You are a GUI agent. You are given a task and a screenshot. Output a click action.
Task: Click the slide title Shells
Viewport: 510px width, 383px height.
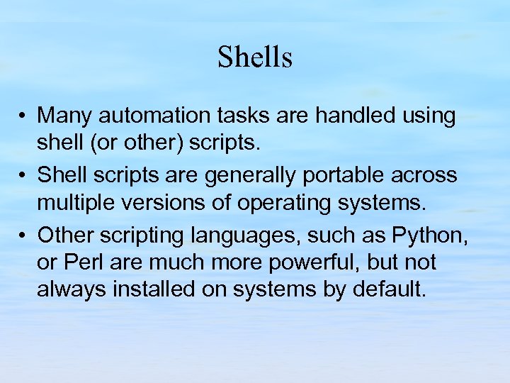point(255,57)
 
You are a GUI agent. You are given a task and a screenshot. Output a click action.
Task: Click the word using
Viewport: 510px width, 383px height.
point(429,116)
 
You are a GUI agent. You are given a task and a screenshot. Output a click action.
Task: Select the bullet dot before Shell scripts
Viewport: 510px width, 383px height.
point(24,175)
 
